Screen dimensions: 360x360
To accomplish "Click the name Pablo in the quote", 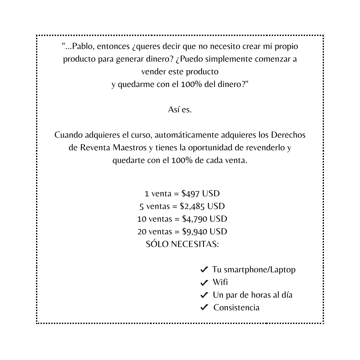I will click(x=80, y=46).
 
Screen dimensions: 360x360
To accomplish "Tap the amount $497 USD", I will click(x=201, y=194).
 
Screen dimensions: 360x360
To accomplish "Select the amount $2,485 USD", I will click(x=202, y=206).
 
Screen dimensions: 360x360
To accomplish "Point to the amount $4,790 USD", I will click(x=205, y=219).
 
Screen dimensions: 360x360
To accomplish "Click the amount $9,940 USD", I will click(x=205, y=231).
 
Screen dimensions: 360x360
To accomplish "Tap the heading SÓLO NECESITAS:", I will click(x=182, y=244).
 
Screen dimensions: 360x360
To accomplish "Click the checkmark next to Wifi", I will click(x=204, y=283).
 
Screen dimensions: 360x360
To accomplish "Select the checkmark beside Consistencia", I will click(x=204, y=307).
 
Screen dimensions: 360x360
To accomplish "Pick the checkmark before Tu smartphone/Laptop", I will click(x=204, y=270).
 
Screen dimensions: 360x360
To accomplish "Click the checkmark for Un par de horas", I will click(x=204, y=295).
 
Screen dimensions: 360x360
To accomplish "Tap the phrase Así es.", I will click(x=180, y=109).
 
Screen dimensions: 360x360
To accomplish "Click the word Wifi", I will click(x=220, y=282).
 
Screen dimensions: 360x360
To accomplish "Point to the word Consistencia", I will click(x=236, y=307).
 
